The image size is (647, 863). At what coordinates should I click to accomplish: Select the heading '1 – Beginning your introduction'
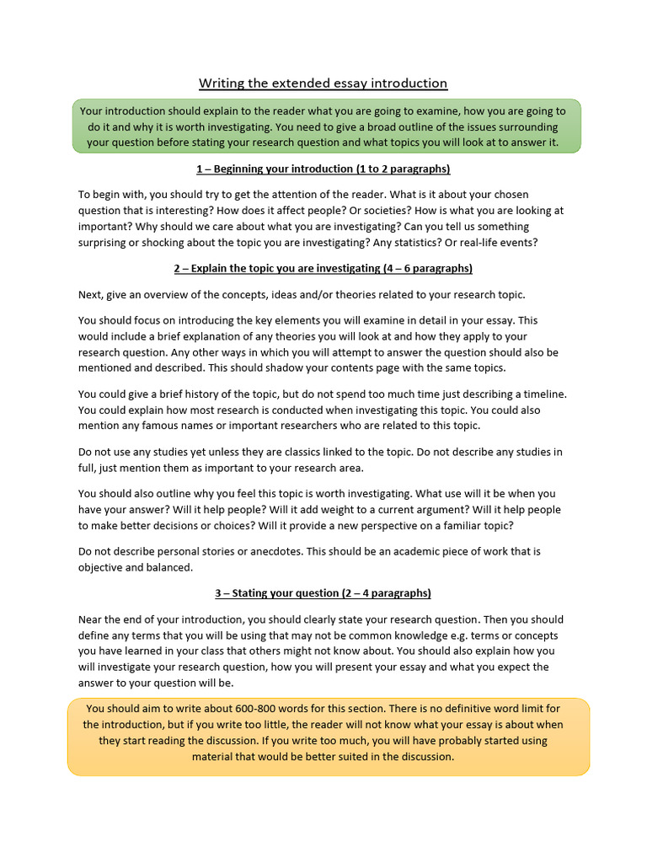323,169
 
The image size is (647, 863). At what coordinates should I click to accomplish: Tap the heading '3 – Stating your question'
323,592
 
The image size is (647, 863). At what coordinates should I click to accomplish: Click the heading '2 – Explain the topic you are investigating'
323,268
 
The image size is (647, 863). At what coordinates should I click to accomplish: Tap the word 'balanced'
168,567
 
